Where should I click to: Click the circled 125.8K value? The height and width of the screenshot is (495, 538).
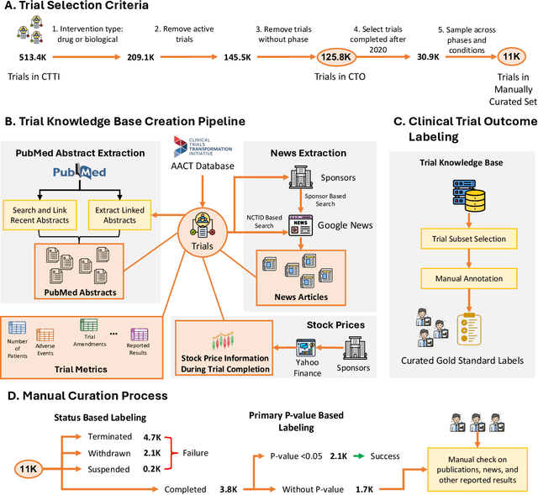coord(335,56)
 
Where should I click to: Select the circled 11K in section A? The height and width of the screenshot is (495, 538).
coord(509,56)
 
